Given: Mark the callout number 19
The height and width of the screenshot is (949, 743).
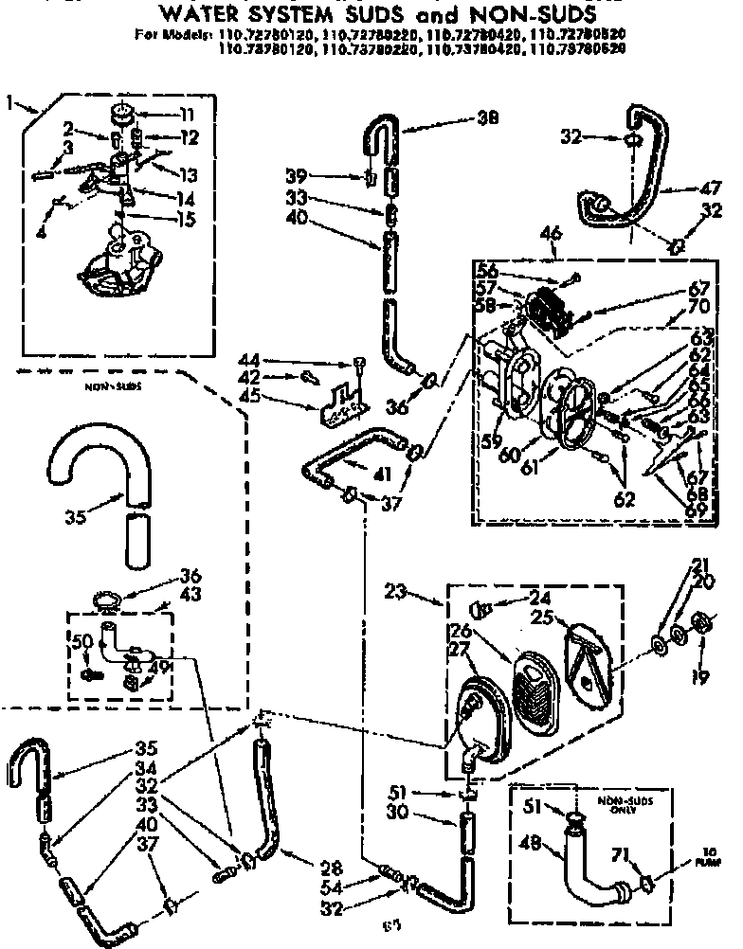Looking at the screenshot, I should [700, 677].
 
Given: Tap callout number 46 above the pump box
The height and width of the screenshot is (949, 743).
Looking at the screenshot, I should [550, 230].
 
